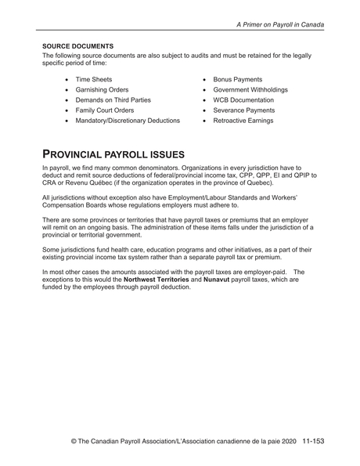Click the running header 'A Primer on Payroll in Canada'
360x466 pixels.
coord(280,24)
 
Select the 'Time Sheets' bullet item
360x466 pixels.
coord(93,80)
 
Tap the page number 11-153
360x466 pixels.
coord(311,441)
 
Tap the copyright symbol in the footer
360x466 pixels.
coord(74,442)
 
